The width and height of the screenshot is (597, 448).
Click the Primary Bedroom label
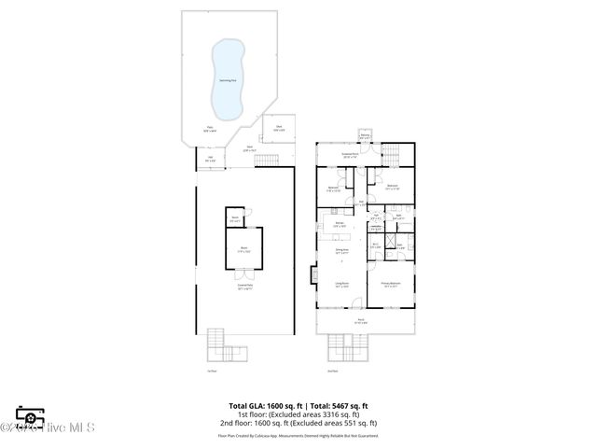coord(390,285)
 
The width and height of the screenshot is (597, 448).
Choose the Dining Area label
coord(341,250)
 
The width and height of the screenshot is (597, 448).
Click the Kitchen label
coord(341,224)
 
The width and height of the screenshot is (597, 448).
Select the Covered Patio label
coord(244,287)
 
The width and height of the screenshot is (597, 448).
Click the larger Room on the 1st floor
coord(243,250)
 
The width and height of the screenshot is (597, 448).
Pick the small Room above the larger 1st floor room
coord(235,219)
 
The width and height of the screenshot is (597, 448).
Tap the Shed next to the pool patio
coord(278,128)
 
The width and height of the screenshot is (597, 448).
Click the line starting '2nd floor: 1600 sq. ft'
coord(298,424)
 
